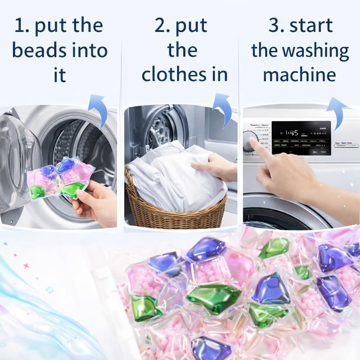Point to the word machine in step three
[x=299, y=74]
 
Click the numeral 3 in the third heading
[x=274, y=26]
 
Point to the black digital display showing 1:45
[x=301, y=137]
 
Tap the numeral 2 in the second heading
[x=160, y=26]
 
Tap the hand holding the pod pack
[x=94, y=205]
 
